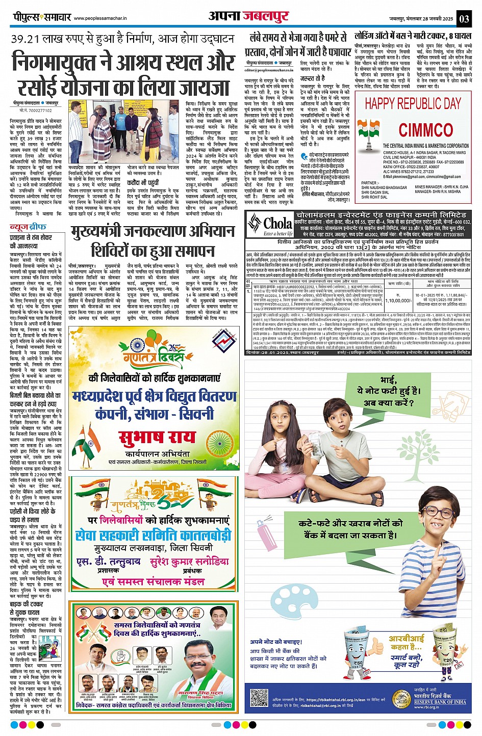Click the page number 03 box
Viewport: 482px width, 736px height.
coord(464,18)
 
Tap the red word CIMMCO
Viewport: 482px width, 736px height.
coord(425,130)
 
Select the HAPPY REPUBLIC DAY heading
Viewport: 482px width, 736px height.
coord(413,103)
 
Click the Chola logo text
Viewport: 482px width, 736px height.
coord(277,224)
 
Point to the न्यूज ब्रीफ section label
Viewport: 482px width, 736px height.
coord(28,227)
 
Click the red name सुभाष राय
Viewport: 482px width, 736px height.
coord(157,437)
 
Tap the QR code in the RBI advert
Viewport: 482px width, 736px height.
coord(259,698)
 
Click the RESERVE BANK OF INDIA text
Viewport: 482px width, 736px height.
coord(440,701)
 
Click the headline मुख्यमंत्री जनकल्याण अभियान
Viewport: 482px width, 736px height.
coord(153,232)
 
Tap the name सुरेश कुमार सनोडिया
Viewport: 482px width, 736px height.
coord(190,562)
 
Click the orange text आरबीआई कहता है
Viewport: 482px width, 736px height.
coord(407,643)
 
